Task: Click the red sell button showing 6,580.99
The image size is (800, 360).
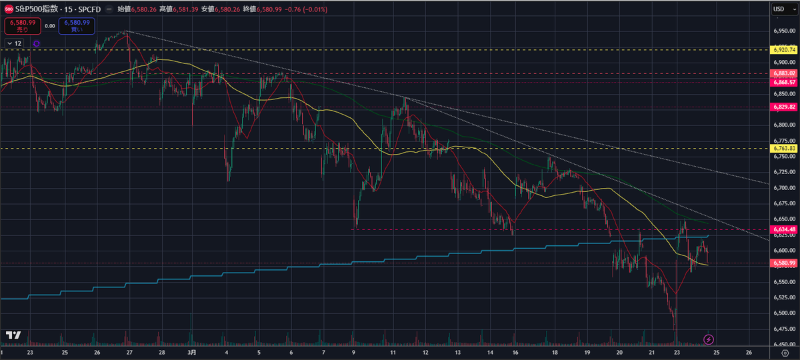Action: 22,26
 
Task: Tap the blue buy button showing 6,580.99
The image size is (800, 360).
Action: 76,26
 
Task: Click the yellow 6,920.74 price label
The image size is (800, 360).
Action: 783,49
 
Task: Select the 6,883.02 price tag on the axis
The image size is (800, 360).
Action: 783,73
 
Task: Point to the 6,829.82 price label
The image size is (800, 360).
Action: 783,107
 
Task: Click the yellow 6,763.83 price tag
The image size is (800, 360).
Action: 783,148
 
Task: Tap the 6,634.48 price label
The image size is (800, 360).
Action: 783,229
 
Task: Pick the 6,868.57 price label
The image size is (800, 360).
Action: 783,82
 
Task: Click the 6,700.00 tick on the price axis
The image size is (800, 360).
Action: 783,187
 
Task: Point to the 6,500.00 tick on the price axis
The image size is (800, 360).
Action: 783,313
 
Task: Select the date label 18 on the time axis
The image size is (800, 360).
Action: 554,352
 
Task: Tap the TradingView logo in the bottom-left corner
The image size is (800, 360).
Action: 13,335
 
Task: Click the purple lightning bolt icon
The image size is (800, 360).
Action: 709,339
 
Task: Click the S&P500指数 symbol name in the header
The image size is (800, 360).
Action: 37,9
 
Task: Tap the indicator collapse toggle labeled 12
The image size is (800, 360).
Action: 14,43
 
